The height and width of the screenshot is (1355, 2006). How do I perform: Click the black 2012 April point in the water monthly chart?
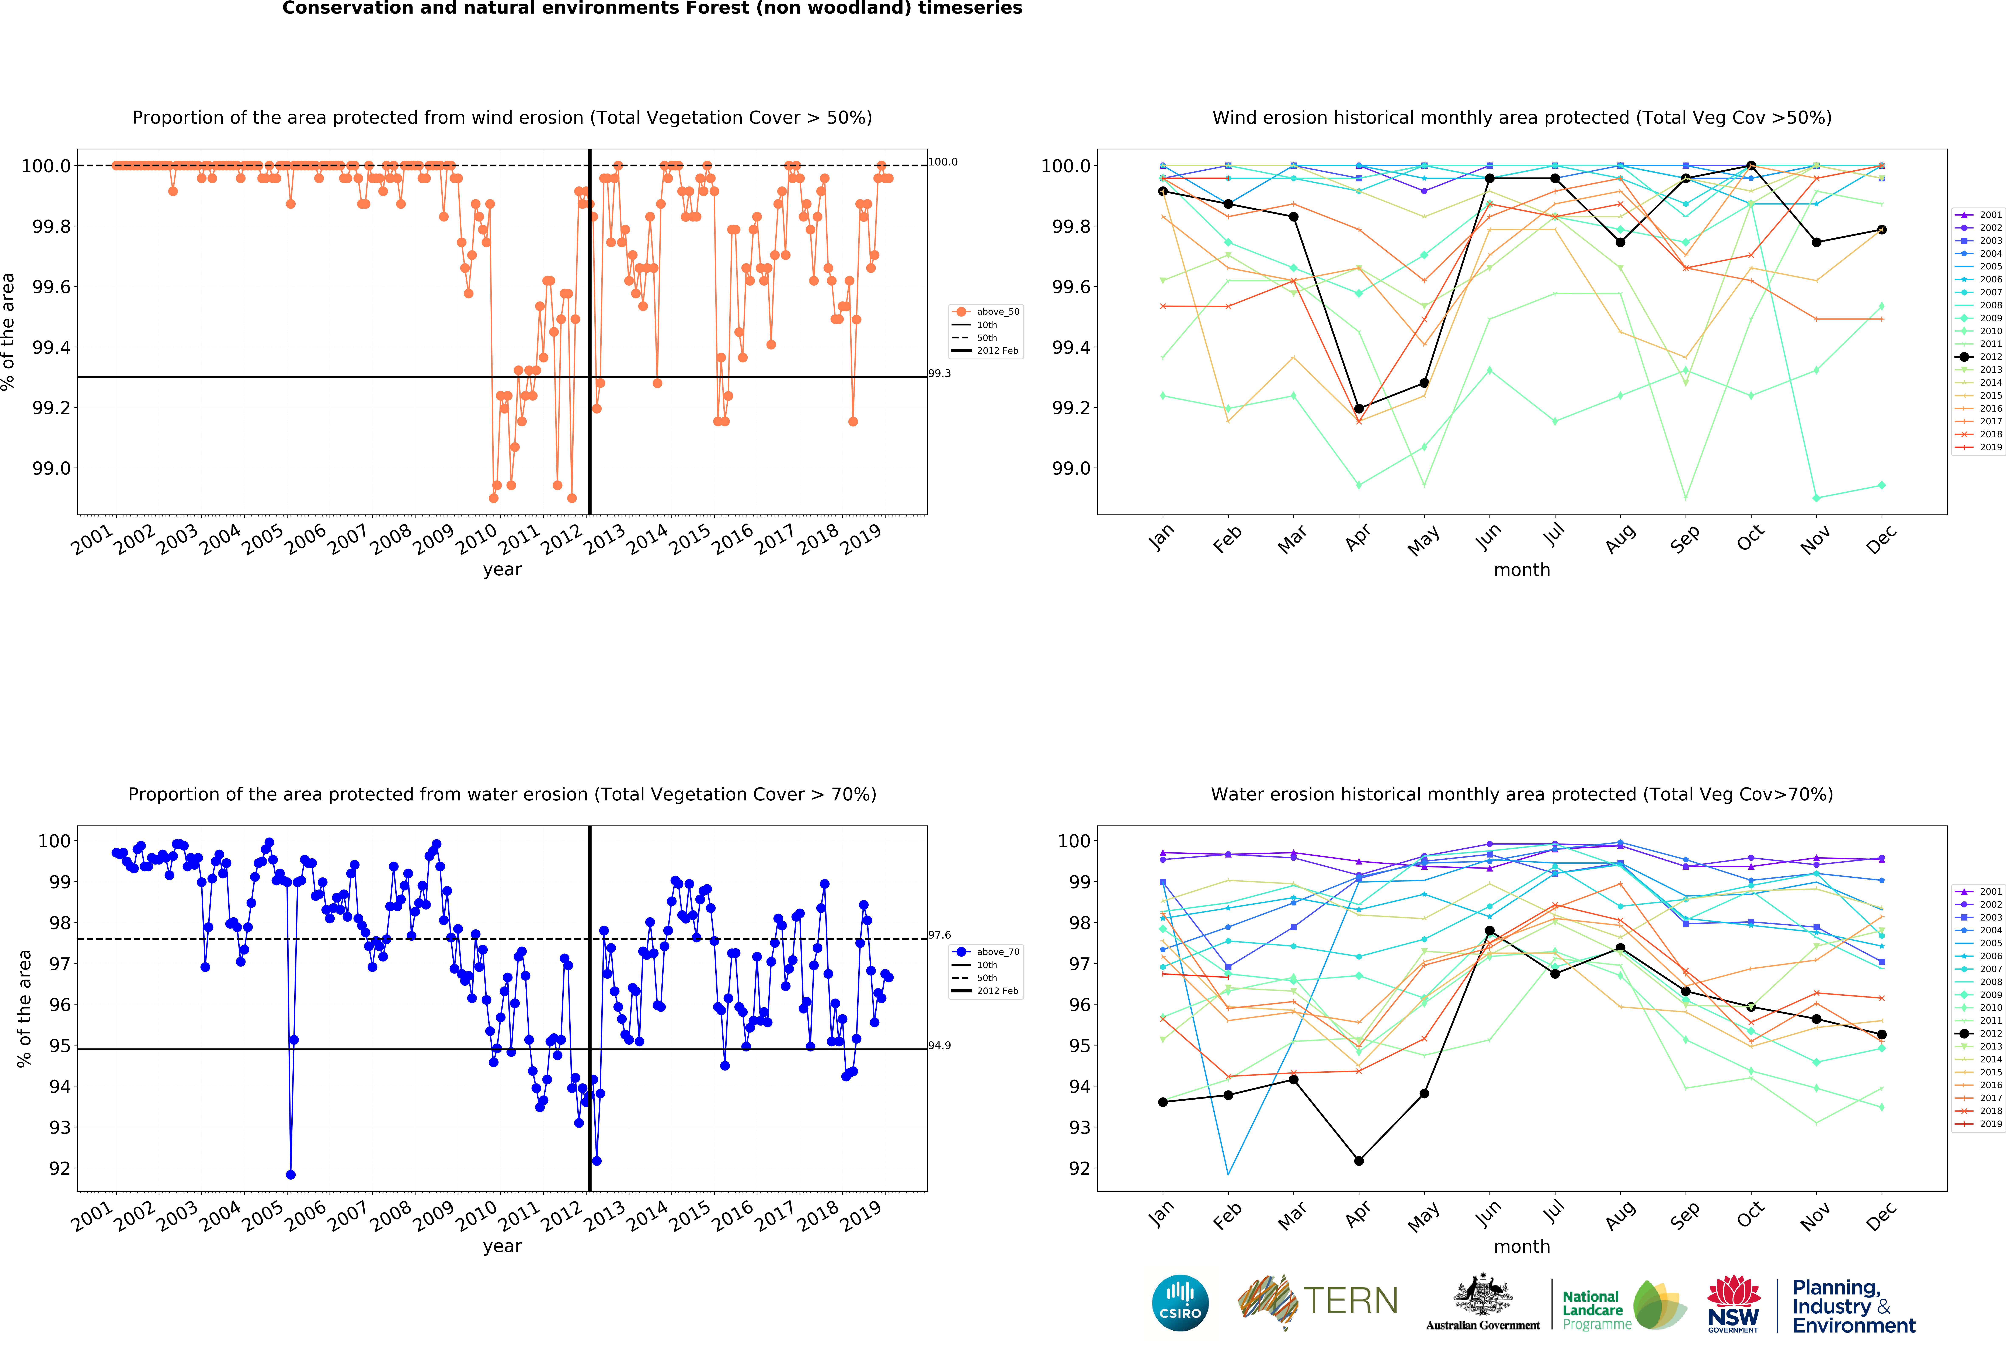click(x=1359, y=1161)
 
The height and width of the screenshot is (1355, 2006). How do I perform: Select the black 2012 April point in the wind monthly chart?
click(x=1359, y=408)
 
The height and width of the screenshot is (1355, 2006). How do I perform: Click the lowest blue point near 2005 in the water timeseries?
click(x=291, y=1175)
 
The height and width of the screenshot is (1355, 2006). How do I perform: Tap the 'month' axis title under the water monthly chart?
click(x=1522, y=1246)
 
